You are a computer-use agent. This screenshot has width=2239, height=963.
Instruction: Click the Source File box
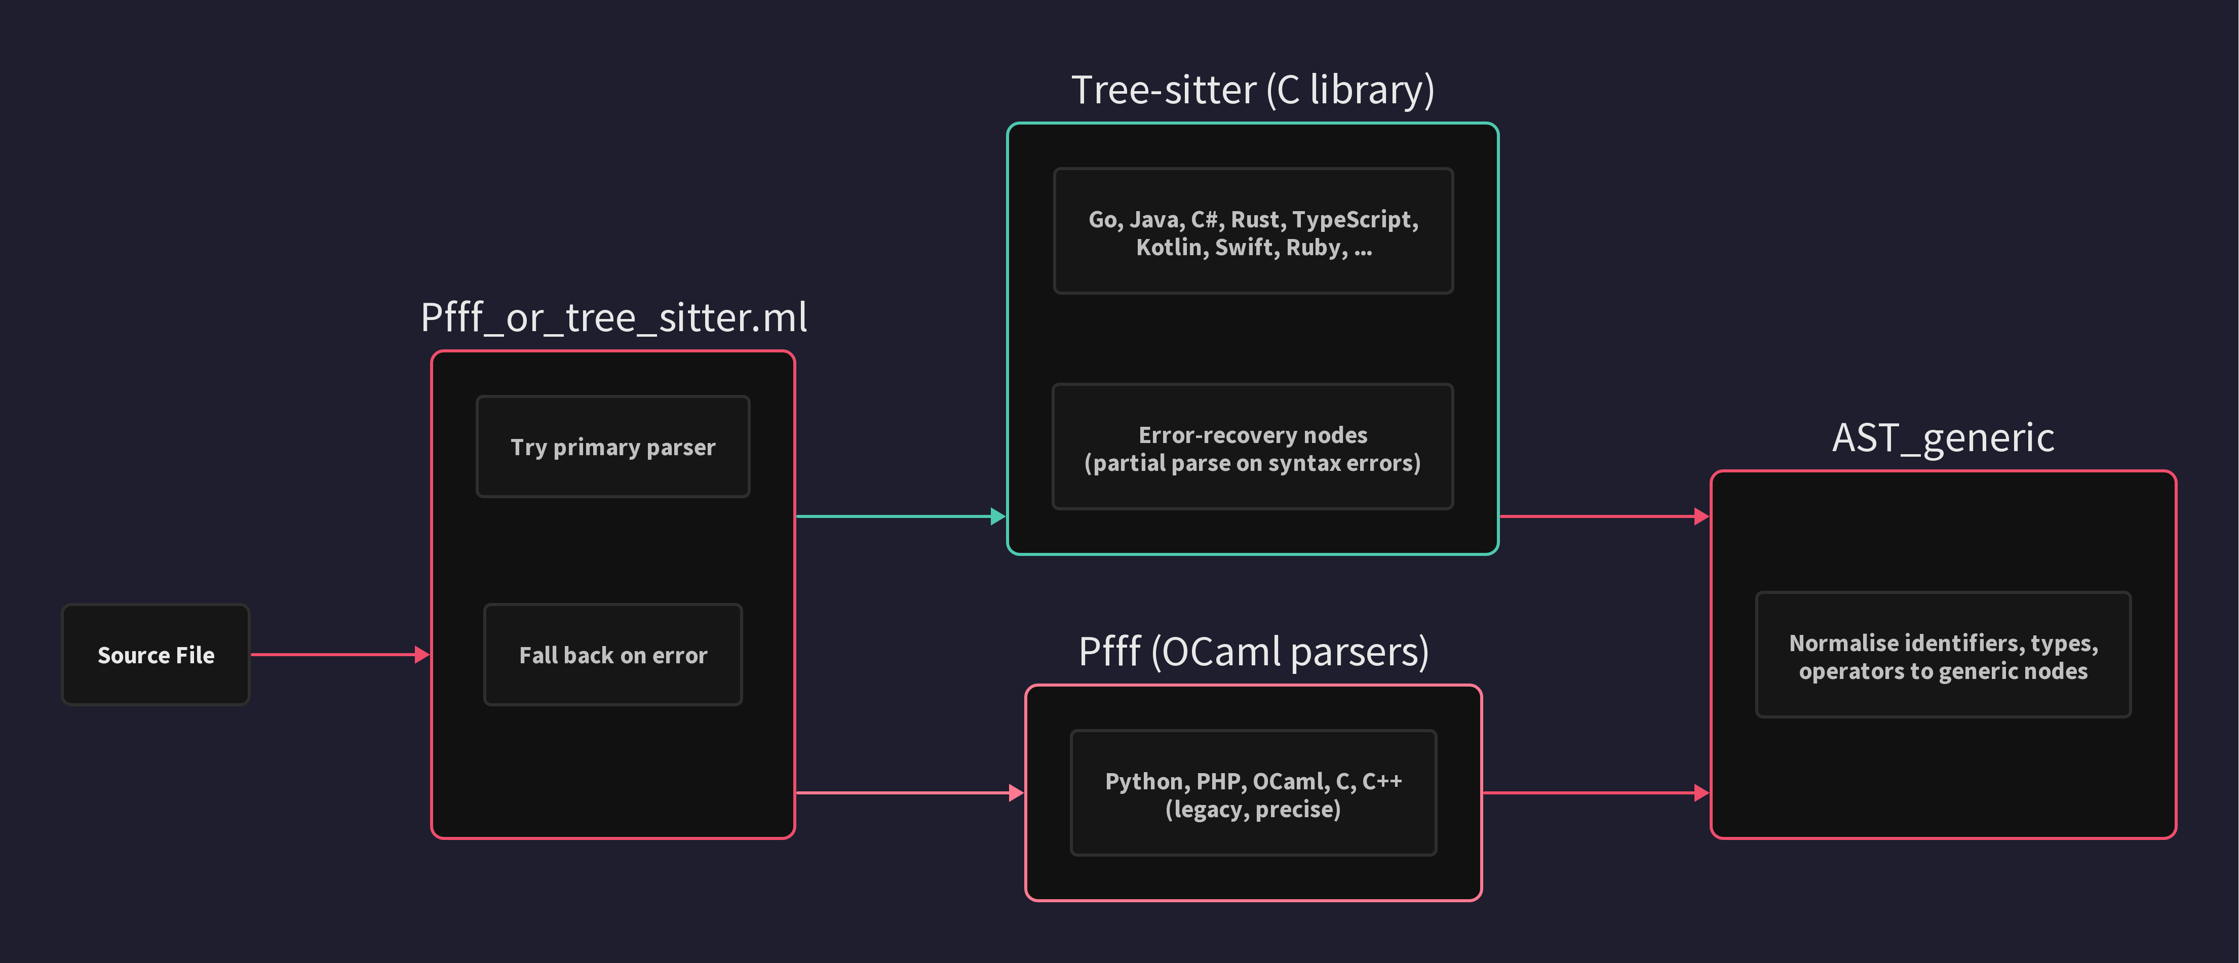coord(156,655)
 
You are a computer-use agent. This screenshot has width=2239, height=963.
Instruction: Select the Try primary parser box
coord(613,447)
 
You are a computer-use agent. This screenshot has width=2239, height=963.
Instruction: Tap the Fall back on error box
coord(613,655)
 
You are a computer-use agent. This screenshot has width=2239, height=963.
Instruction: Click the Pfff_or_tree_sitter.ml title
coord(613,317)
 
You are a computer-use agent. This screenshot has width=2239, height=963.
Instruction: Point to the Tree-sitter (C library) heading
coord(1253,90)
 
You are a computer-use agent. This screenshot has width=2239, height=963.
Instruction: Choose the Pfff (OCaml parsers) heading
coord(1253,651)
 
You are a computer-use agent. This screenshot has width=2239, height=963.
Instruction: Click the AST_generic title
coord(1943,437)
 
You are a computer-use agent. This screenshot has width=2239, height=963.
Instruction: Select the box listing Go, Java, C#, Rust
coord(1253,231)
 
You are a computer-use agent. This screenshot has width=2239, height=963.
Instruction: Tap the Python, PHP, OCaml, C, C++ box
coord(1253,793)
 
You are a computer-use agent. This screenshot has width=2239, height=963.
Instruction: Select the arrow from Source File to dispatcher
coord(339,655)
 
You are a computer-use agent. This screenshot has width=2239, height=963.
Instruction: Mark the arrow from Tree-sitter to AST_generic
coord(1604,516)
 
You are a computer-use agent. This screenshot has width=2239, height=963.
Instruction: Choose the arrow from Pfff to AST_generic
coord(1595,793)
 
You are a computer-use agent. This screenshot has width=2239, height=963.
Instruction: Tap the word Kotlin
coord(1171,248)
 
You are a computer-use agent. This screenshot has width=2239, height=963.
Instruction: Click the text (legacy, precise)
coord(1253,809)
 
